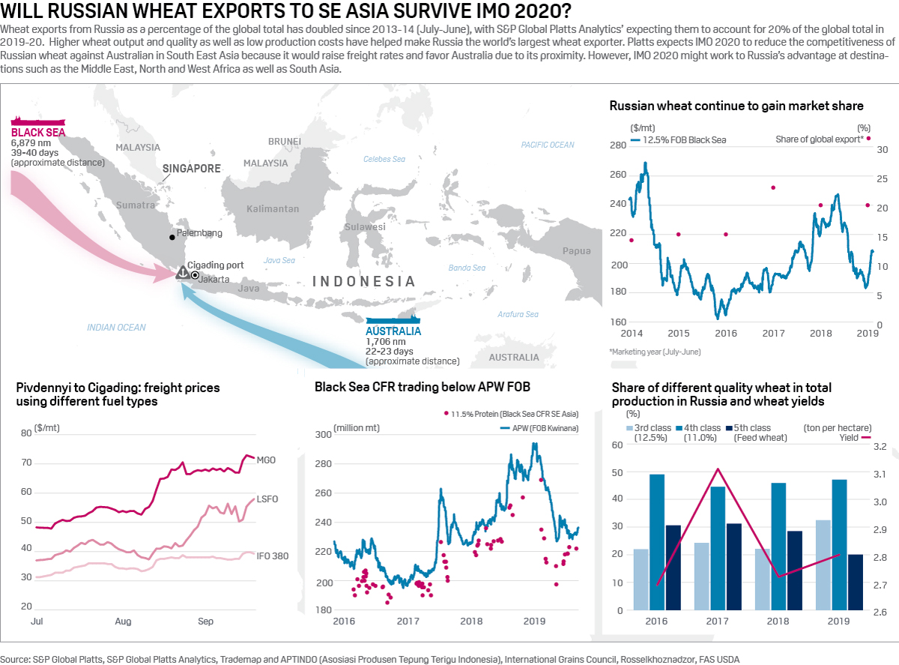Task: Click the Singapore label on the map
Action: tap(191, 169)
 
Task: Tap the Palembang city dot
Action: tap(172, 237)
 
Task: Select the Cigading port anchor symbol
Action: tap(182, 274)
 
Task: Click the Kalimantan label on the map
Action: tap(273, 208)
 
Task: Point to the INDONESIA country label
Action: tap(363, 281)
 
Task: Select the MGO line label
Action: tap(266, 460)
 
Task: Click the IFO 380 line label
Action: tap(273, 556)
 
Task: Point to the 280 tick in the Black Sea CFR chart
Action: tap(323, 464)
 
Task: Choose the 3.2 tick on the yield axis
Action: tap(880, 447)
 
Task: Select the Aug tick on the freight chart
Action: tap(123, 622)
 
